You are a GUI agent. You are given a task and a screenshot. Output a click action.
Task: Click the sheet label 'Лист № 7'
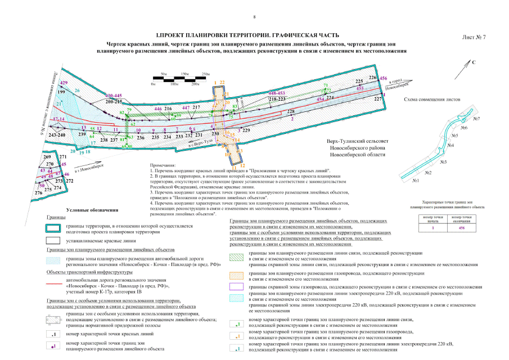pyautogui.click(x=473, y=37)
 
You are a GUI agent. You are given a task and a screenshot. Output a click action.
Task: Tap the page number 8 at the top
pyautogui.click(x=254, y=17)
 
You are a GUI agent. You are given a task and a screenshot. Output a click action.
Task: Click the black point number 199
pyautogui.click(x=61, y=92)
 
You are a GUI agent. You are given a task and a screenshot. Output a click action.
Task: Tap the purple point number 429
pyautogui.click(x=64, y=83)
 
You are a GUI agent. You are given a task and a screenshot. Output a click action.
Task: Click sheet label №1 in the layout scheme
pyautogui.click(x=416, y=181)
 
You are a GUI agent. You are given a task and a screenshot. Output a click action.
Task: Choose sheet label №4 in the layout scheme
pyautogui.click(x=451, y=146)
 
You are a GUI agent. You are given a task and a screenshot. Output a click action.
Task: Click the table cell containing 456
pyautogui.click(x=461, y=228)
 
